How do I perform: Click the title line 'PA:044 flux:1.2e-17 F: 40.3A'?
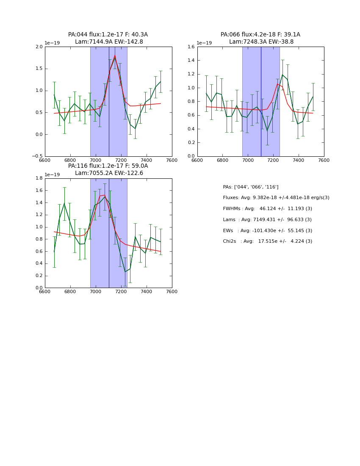pos(108,35)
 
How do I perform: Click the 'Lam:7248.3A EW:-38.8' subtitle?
pos(261,42)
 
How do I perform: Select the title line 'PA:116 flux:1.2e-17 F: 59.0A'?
pos(108,166)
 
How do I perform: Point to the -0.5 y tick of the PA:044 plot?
pos(37,156)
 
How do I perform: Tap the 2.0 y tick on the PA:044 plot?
pos(39,47)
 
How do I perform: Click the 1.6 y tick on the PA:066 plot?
pos(191,47)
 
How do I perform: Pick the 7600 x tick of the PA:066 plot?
pos(324,160)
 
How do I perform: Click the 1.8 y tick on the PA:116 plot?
pos(39,178)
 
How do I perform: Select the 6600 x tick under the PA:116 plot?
pos(45,291)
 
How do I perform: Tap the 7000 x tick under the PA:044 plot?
pos(96,160)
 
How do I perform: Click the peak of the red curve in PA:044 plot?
pos(114,55)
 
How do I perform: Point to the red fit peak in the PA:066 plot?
pos(277,84)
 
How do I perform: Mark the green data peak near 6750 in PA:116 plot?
pos(64,203)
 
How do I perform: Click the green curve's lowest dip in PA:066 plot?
pos(267,130)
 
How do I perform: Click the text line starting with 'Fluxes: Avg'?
pos(276,198)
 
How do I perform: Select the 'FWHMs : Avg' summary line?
pos(267,209)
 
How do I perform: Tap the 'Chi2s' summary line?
pos(267,241)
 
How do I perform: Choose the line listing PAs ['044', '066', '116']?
pos(251,187)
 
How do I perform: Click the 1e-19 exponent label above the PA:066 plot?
pos(204,43)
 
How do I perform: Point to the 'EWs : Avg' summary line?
pos(267,231)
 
